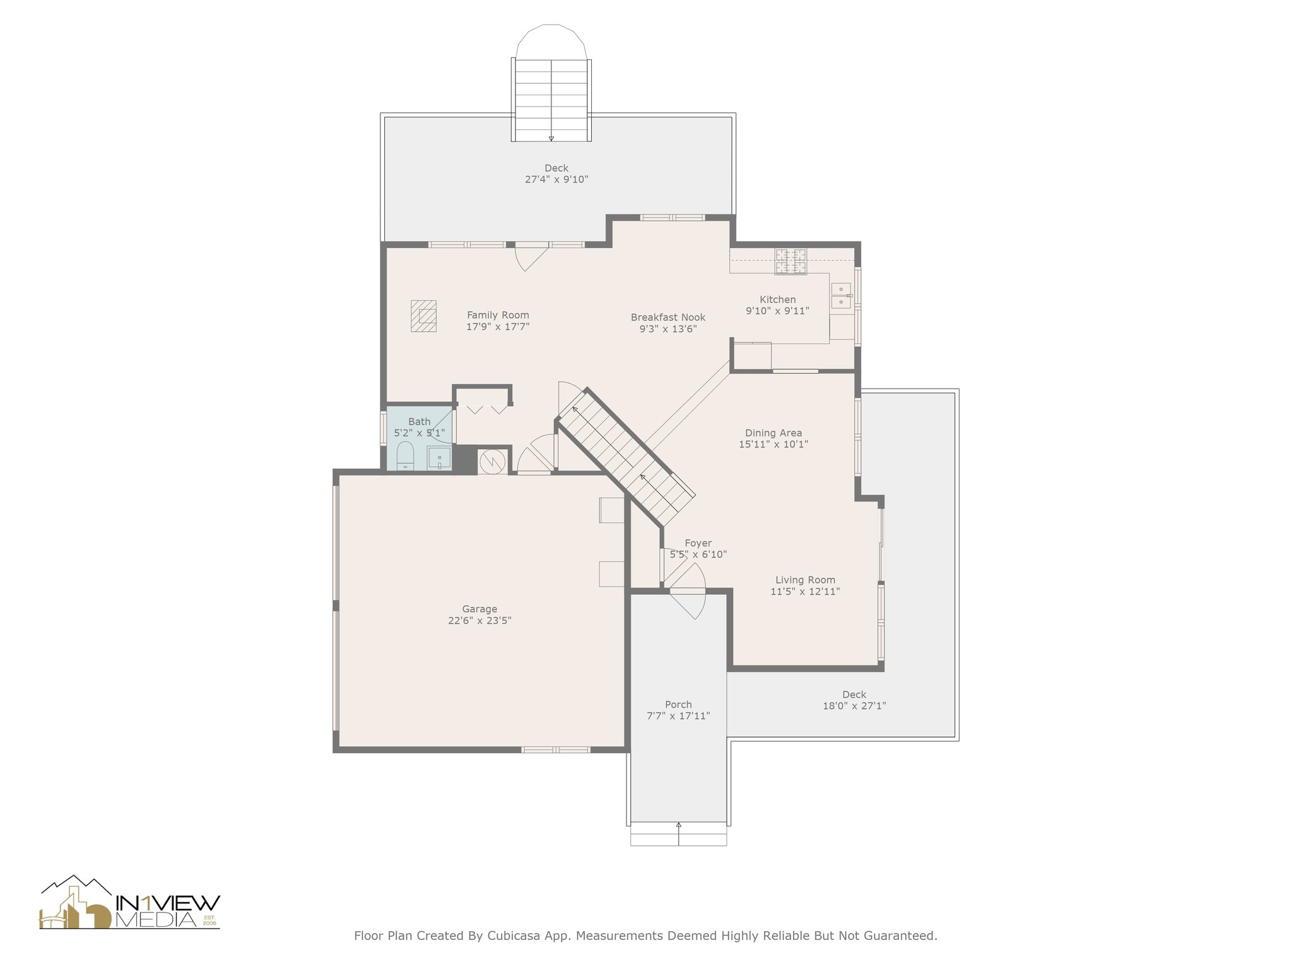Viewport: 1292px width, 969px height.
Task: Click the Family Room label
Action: pos(498,315)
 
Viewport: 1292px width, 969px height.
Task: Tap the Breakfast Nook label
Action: pos(668,317)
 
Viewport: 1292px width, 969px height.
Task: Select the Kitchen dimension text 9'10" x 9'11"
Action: pos(777,311)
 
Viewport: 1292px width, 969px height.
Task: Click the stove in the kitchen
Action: pos(791,261)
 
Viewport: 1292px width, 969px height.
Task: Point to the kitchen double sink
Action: pos(842,296)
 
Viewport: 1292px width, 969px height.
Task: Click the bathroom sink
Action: pos(439,457)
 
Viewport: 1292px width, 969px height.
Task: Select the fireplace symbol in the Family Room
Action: pos(424,316)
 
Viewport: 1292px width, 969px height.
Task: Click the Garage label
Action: pos(479,609)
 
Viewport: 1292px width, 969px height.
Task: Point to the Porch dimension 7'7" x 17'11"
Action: pos(678,716)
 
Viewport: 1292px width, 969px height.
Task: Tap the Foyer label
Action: pos(698,543)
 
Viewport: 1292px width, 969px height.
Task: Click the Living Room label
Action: pos(805,580)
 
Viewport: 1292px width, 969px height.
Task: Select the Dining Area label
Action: pos(773,433)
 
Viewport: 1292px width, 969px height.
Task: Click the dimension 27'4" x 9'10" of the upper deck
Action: pos(556,180)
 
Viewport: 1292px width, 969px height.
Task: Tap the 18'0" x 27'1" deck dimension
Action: pos(854,707)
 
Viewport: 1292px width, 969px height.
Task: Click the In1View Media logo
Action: pos(130,903)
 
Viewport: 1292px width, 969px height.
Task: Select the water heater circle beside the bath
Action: pos(492,462)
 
